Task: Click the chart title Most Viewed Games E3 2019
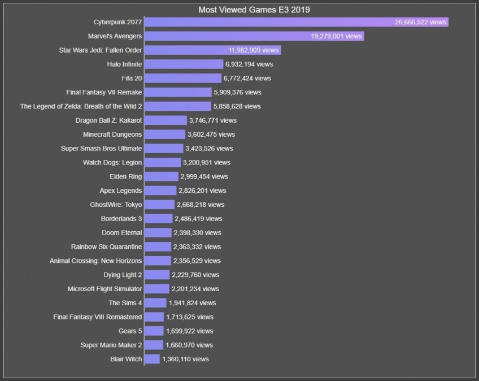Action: click(x=254, y=10)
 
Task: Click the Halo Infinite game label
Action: click(x=124, y=64)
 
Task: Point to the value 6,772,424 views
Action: click(x=247, y=79)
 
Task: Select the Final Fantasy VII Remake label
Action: click(x=104, y=92)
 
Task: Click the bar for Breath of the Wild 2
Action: click(x=177, y=106)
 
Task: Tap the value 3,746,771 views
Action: click(x=213, y=120)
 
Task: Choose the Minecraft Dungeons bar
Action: click(x=165, y=135)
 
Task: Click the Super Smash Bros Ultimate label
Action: click(x=102, y=149)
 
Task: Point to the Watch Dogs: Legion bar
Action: click(x=163, y=162)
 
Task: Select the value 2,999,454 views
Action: click(x=204, y=176)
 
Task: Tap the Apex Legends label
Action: click(x=121, y=190)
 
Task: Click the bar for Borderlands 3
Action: click(x=159, y=219)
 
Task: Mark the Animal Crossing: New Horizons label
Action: click(x=96, y=261)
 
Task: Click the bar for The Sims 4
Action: click(x=155, y=303)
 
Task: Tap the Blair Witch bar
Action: click(x=152, y=359)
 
